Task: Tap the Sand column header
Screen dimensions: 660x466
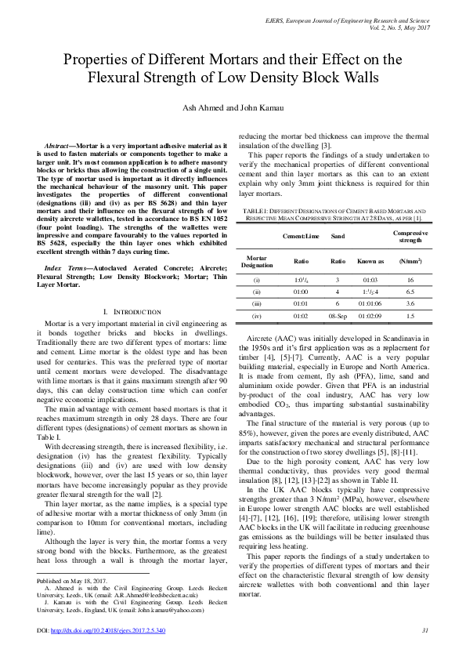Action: (338, 234)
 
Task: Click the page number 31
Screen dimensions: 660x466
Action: (424, 629)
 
